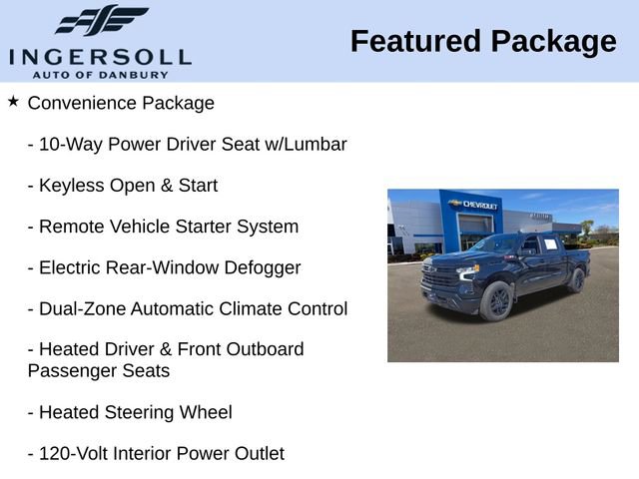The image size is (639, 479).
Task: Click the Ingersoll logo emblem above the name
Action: tap(101, 20)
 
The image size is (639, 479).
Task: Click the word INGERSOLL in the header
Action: tap(100, 56)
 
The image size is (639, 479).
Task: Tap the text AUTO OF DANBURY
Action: tap(100, 74)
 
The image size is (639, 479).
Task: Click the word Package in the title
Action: tap(552, 42)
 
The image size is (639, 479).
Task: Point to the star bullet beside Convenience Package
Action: tap(13, 102)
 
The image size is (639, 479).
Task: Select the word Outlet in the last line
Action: tap(258, 454)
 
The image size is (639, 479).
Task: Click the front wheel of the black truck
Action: tap(496, 300)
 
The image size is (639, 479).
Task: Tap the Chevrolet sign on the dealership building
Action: tap(473, 204)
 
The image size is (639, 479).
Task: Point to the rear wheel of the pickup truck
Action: tap(576, 280)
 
